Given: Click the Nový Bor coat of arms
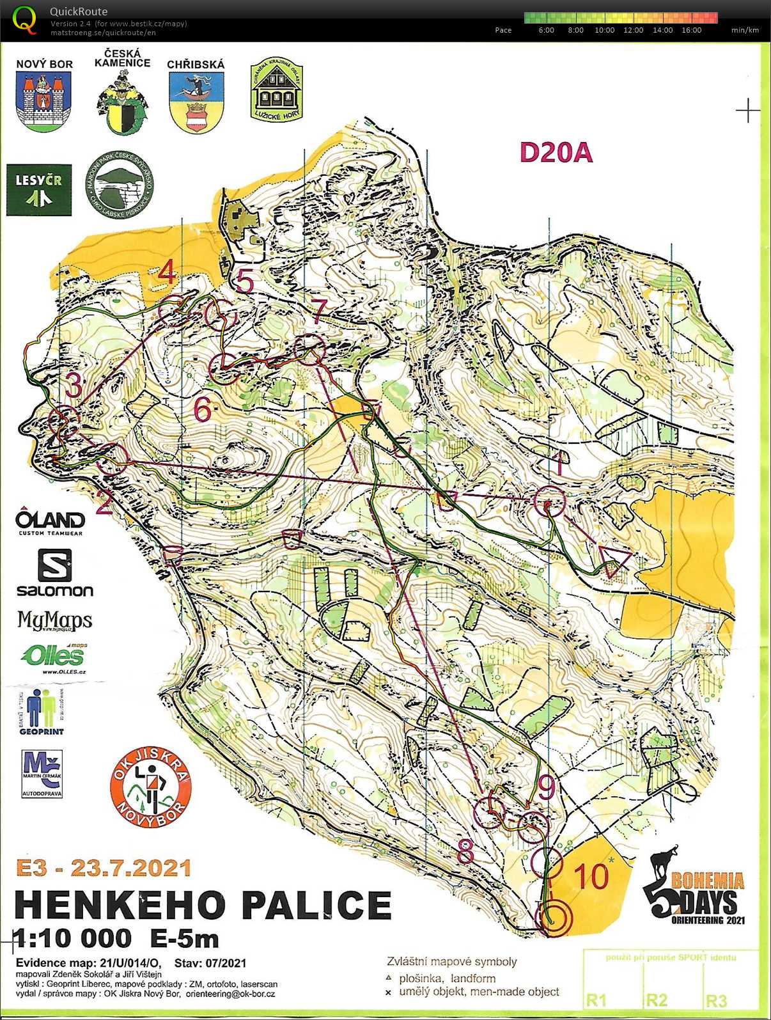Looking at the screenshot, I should (x=43, y=101).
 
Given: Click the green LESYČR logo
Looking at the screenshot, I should (x=39, y=190).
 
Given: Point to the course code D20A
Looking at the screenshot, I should (x=556, y=153).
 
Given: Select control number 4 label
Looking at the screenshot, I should (x=167, y=272).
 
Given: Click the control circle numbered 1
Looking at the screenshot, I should (x=549, y=501).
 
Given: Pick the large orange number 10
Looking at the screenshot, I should (x=590, y=876).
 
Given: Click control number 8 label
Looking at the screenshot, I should (x=465, y=851).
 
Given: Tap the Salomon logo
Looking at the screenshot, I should (x=54, y=574).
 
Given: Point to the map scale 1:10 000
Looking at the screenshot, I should (x=72, y=938).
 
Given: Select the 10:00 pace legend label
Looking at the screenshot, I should (x=604, y=30).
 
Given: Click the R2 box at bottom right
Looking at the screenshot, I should (x=657, y=1000).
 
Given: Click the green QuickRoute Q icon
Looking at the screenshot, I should (x=26, y=19).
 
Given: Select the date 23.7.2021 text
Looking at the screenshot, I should (x=130, y=868).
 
